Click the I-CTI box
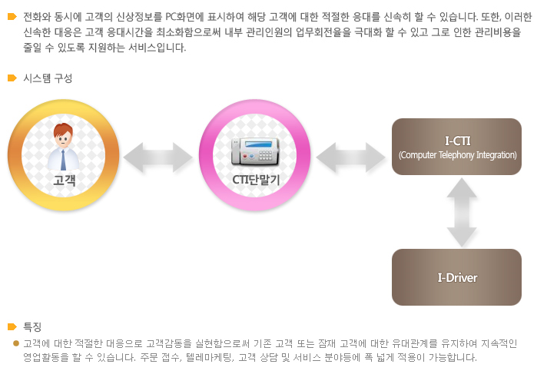point(456,147)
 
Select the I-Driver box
point(456,277)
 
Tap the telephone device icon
point(255,152)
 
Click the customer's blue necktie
point(63,160)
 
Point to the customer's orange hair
point(63,129)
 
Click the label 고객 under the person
point(65,180)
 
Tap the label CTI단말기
point(256,180)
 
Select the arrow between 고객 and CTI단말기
point(157,157)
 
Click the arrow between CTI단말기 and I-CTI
point(350,157)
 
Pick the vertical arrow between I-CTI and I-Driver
point(462,212)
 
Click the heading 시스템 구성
point(48,78)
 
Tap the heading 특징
point(32,327)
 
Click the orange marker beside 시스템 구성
point(12,78)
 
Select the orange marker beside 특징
point(12,327)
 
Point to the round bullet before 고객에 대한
point(15,343)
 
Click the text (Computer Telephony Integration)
point(458,155)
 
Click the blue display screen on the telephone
point(258,144)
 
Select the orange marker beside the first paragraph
point(12,17)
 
